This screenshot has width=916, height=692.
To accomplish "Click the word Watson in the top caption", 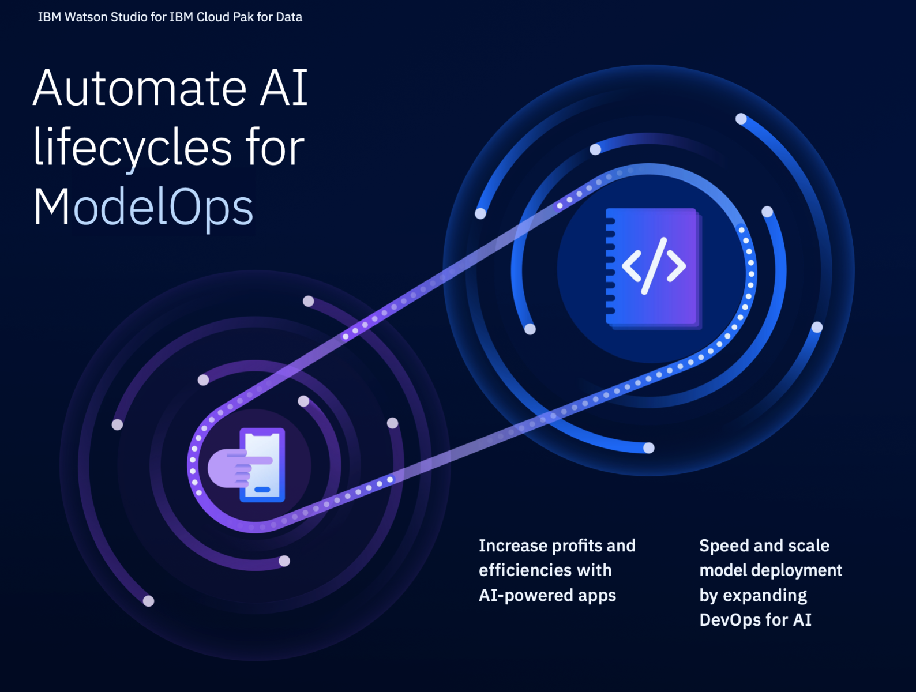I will pos(86,17).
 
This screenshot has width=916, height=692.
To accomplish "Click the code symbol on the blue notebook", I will pos(654,266).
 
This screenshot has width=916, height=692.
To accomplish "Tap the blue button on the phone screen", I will pos(262,490).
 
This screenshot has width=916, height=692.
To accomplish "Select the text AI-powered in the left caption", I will pos(526,595).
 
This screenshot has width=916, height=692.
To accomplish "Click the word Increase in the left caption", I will pos(513,546).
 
